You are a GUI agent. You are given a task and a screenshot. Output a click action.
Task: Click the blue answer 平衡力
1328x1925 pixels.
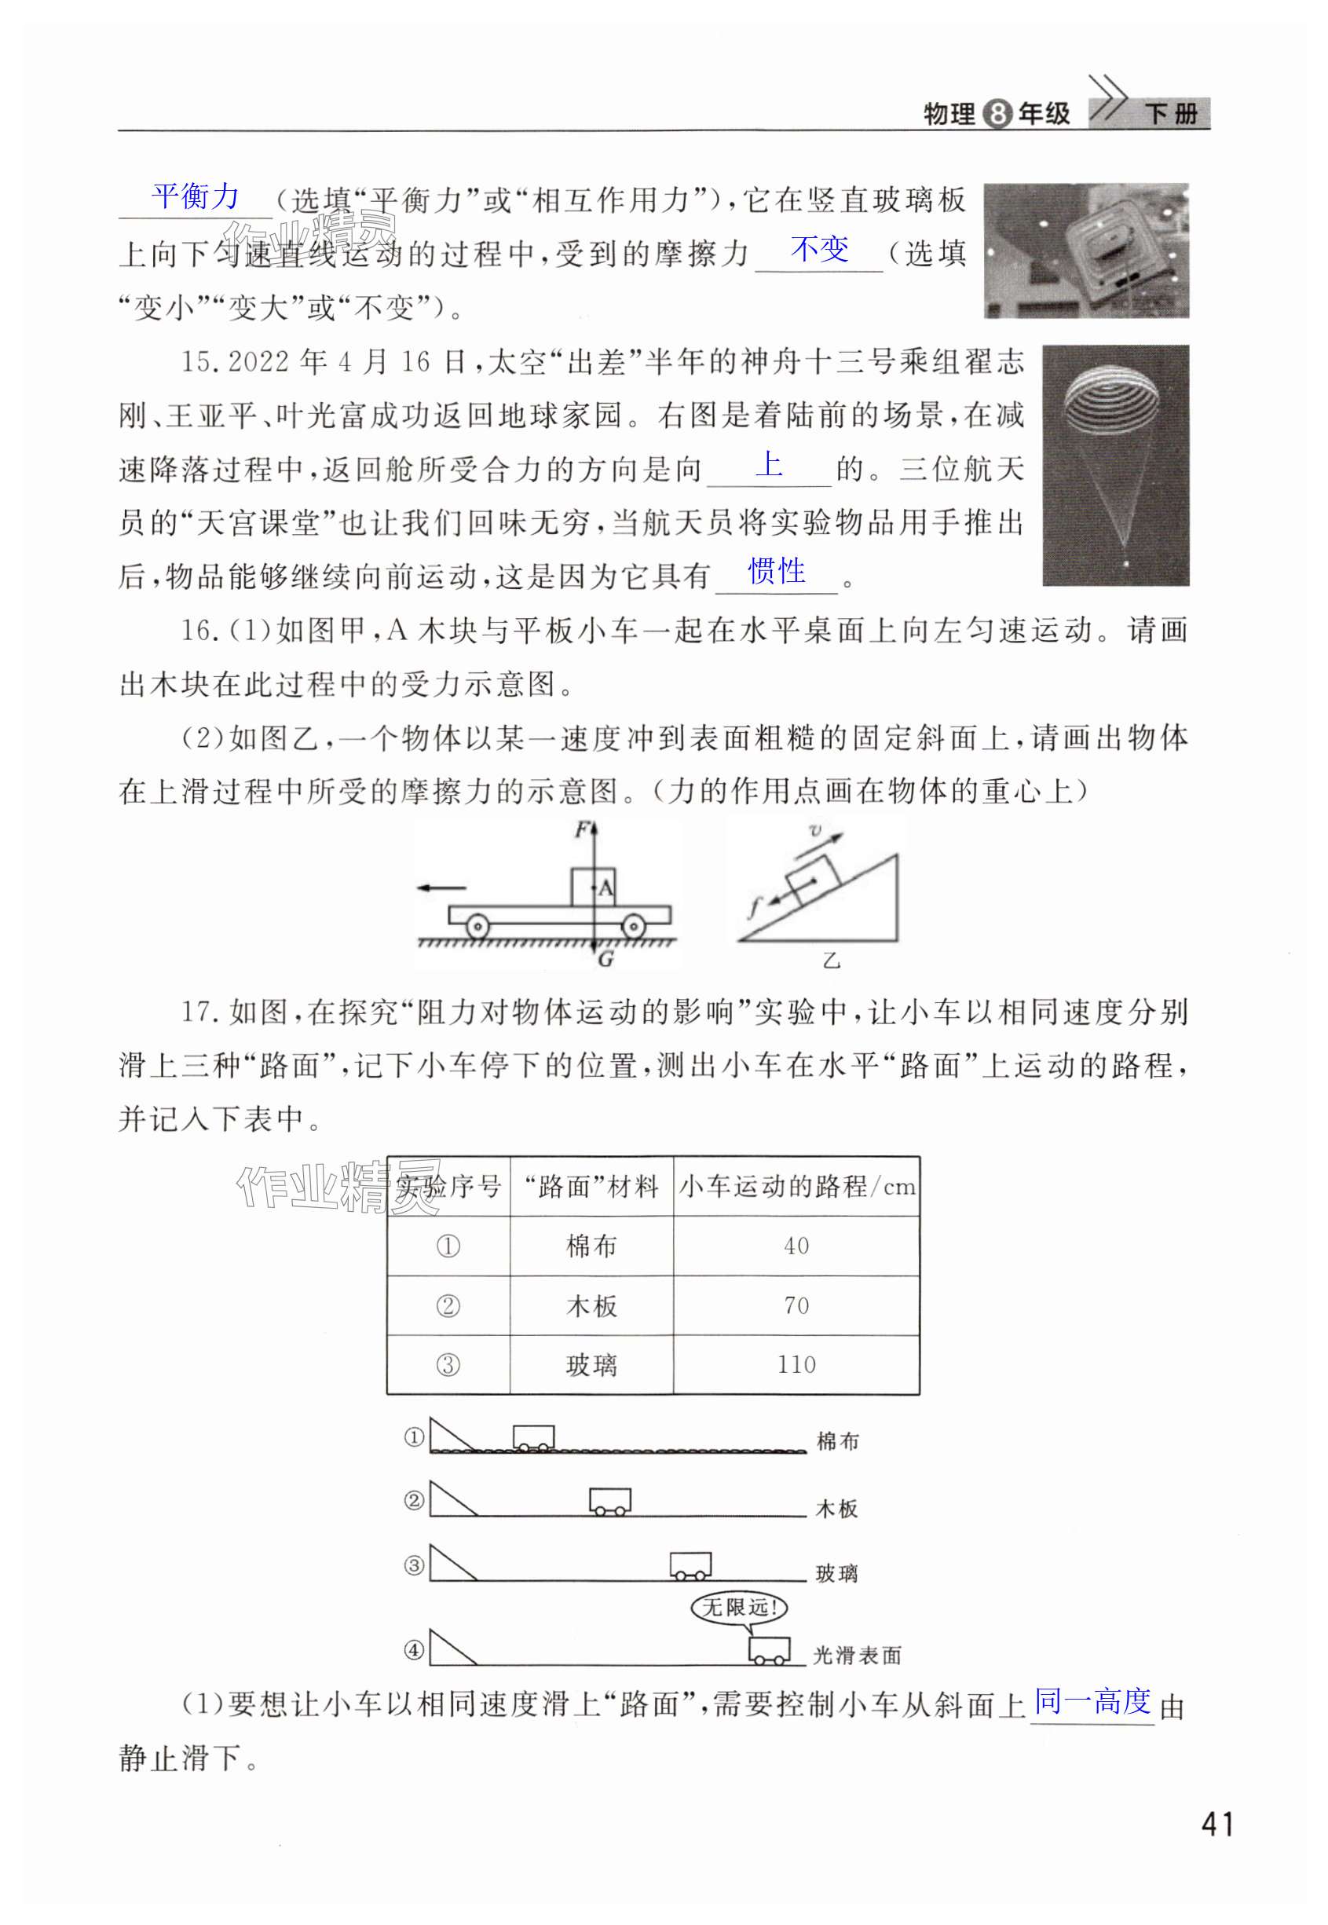(196, 197)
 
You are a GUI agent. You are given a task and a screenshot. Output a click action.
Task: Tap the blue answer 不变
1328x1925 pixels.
(820, 249)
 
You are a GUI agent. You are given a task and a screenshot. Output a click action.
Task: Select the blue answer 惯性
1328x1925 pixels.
(777, 572)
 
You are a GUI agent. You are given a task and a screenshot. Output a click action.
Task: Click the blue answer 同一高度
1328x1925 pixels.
(1092, 1702)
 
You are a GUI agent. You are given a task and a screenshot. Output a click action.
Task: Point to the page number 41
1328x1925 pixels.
(1216, 1824)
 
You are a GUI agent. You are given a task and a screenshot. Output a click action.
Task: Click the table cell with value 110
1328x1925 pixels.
(796, 1364)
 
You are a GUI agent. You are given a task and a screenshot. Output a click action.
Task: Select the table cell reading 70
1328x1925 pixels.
(796, 1305)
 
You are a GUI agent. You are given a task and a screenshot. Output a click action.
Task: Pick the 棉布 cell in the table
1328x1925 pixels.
(591, 1246)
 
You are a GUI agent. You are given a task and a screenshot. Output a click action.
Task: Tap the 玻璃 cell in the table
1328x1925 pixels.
(591, 1365)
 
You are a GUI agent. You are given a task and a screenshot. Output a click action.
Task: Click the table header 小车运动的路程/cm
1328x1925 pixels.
(796, 1186)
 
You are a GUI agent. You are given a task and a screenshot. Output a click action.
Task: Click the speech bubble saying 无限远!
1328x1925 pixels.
(739, 1607)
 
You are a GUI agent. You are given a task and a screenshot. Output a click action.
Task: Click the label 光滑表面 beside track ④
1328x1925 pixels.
(857, 1656)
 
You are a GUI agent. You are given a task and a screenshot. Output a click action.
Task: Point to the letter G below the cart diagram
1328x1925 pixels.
(605, 959)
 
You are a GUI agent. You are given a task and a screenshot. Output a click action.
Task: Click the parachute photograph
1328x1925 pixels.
(1115, 465)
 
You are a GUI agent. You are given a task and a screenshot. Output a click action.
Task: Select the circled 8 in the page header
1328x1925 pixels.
(997, 114)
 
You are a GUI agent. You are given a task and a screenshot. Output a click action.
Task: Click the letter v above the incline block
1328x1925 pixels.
(815, 830)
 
